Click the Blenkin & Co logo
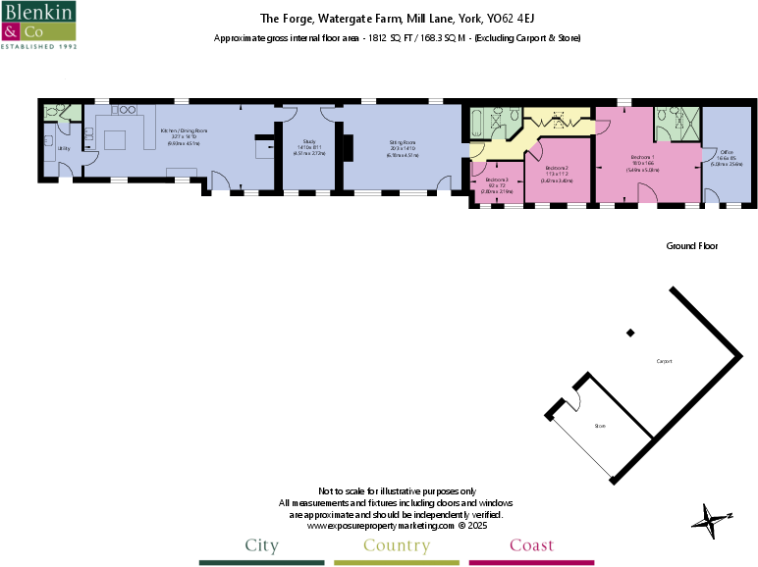(39, 26)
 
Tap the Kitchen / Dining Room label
(183, 130)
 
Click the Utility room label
(63, 148)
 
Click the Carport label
(665, 362)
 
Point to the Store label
(600, 427)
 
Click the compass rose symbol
(712, 517)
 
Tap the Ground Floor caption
(692, 246)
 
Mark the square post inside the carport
(630, 334)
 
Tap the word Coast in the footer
(531, 545)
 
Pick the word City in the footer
(261, 545)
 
